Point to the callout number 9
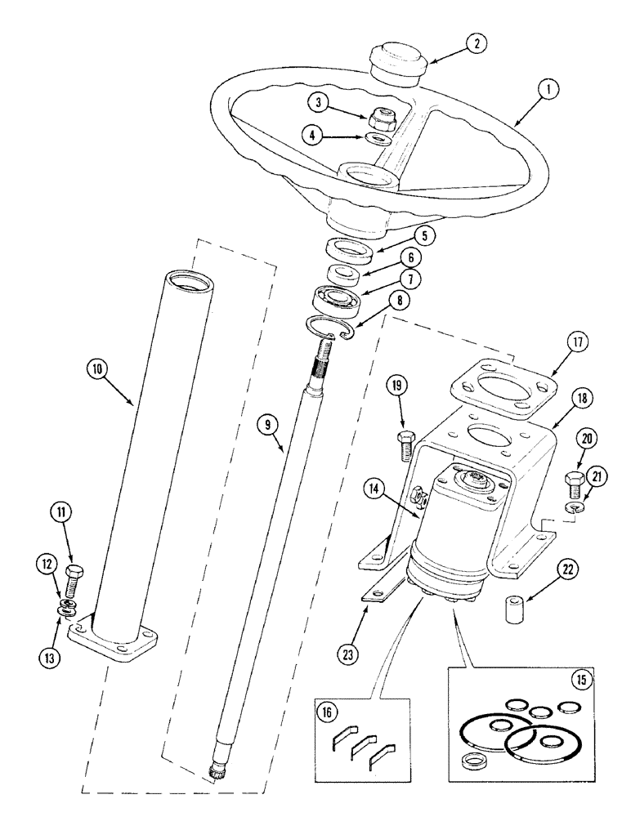(x=267, y=425)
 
